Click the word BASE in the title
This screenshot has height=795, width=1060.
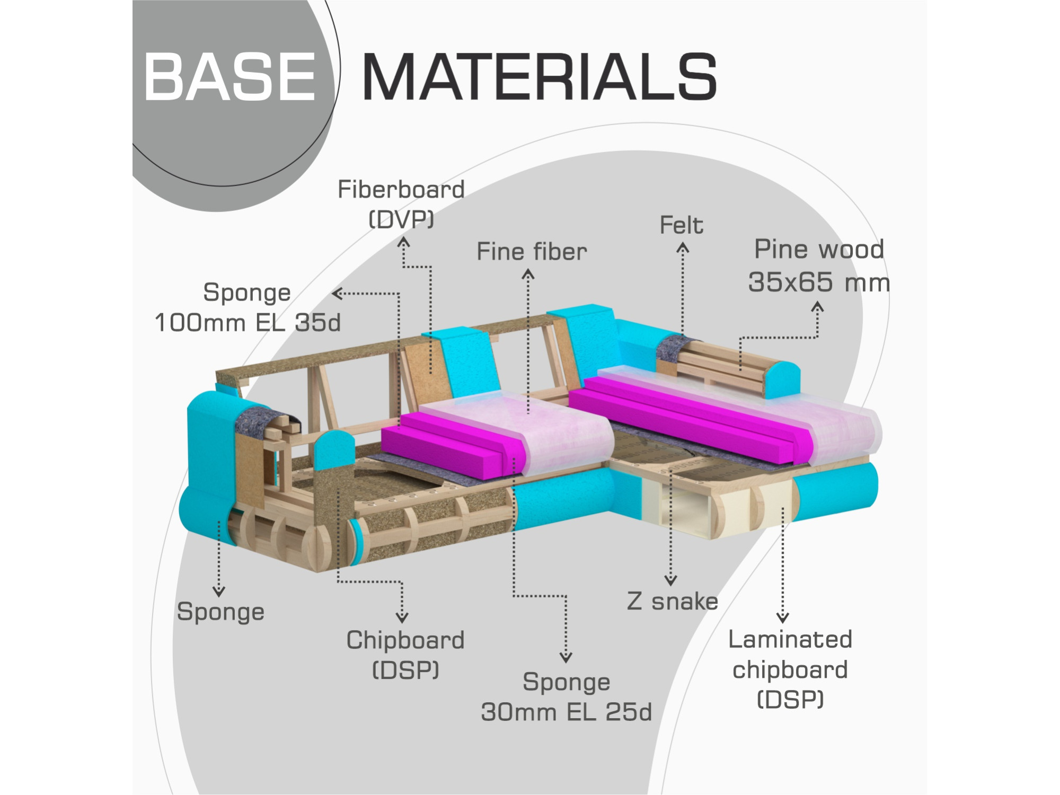point(229,77)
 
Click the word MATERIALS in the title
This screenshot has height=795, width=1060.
point(540,77)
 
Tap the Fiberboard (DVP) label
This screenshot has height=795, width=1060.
point(401,204)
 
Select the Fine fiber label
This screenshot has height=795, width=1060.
point(532,251)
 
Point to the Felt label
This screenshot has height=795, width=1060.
point(681,225)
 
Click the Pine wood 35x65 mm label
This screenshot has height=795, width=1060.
point(819,266)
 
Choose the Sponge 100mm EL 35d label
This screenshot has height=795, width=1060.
point(248,308)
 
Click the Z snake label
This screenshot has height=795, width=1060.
point(673,602)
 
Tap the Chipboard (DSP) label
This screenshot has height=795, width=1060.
point(405,655)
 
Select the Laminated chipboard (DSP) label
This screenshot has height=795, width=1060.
point(790,669)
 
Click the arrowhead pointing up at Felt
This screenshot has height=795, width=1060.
point(683,248)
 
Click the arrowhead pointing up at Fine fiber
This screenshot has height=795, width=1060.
point(528,274)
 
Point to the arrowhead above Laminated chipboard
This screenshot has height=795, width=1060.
point(783,617)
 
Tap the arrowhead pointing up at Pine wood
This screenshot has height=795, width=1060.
point(818,307)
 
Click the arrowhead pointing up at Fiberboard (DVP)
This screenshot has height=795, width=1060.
point(404,242)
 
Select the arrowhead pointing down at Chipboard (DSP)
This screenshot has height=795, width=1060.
point(402,617)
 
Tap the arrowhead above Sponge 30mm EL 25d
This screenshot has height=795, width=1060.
point(566,657)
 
